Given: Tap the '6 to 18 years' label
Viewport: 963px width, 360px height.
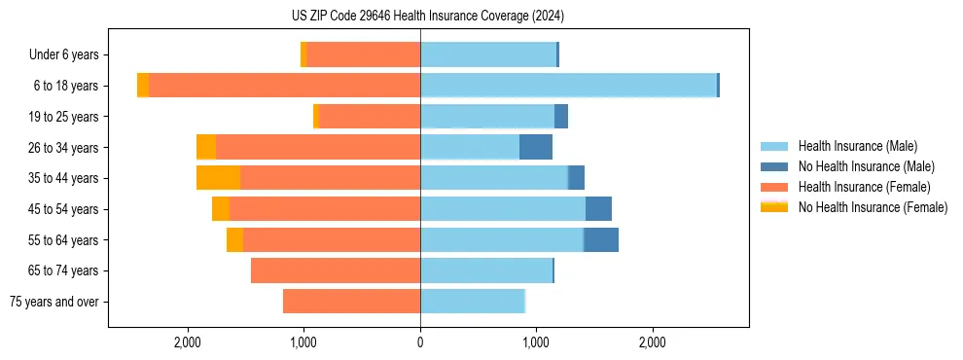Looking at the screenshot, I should tap(65, 86).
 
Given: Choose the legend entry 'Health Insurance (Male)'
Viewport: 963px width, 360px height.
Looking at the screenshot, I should tap(857, 146).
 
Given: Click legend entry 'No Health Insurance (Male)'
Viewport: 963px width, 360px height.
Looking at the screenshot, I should tap(866, 166).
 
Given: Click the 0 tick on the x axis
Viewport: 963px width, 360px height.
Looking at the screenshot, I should tap(420, 342).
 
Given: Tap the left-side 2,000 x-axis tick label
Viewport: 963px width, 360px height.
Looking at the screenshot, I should tap(187, 342).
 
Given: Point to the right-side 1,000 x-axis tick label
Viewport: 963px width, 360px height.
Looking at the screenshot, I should tap(536, 342).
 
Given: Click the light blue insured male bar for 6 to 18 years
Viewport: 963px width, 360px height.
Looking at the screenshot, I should tap(568, 86).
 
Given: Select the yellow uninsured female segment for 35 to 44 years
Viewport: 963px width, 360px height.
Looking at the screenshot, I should tap(218, 178).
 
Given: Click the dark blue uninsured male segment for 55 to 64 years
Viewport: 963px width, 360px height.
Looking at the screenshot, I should tap(601, 239).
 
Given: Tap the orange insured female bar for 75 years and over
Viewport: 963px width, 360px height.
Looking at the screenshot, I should tap(351, 302).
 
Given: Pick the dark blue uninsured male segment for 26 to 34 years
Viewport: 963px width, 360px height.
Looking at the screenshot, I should tap(536, 147).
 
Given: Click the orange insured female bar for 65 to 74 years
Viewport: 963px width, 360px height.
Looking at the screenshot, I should tap(336, 270).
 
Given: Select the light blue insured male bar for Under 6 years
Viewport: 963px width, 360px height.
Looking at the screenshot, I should tap(487, 54).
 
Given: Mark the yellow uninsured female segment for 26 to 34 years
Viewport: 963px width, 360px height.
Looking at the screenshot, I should tap(206, 147).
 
